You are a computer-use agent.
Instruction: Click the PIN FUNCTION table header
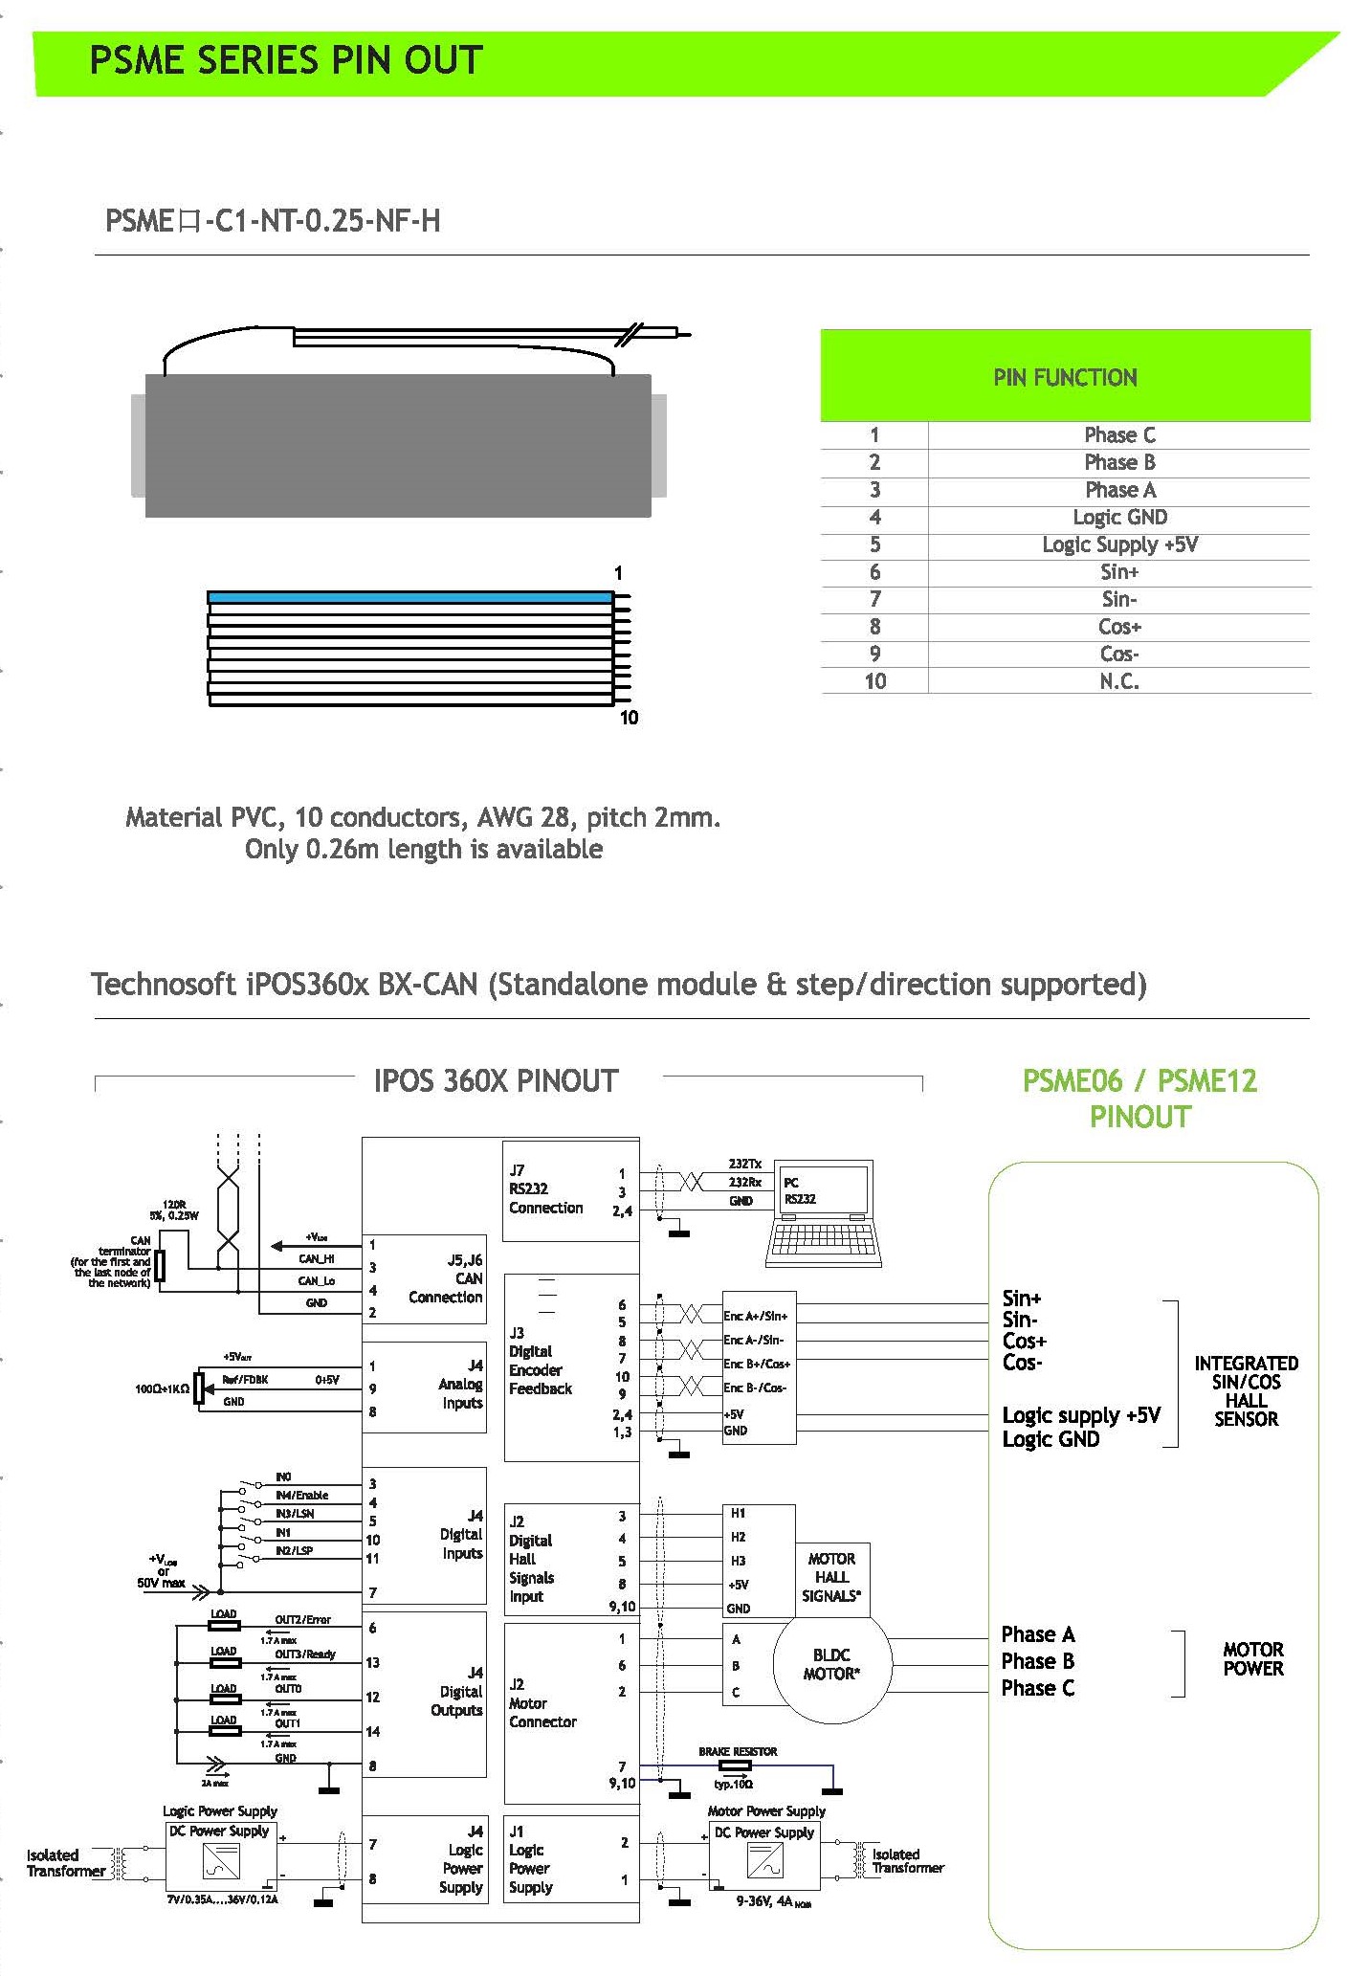[x=1064, y=376]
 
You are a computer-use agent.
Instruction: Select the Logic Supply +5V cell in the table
[x=1118, y=544]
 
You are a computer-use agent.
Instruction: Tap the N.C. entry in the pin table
[x=1118, y=681]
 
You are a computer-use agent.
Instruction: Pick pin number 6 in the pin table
[x=874, y=572]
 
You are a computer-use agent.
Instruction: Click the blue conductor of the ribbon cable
[x=409, y=597]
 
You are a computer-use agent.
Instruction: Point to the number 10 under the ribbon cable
[x=629, y=718]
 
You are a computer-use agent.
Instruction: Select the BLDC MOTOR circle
[x=830, y=1664]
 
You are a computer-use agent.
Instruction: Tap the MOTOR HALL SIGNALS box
[x=830, y=1578]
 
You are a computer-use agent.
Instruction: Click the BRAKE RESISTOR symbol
[x=735, y=1765]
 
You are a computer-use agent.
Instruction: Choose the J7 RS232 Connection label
[x=544, y=1188]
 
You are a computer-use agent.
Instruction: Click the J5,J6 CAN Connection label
[x=446, y=1278]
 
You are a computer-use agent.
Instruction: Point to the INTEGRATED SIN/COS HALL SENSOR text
[x=1245, y=1390]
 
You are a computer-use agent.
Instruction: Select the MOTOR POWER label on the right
[x=1252, y=1658]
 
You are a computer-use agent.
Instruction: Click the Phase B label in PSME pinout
[x=1037, y=1661]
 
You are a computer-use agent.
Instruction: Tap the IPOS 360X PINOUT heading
[x=496, y=1081]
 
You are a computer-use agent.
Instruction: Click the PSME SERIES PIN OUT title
[x=286, y=60]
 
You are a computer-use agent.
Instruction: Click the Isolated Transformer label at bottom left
[x=65, y=1862]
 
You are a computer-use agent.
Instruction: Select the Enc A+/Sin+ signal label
[x=755, y=1316]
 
